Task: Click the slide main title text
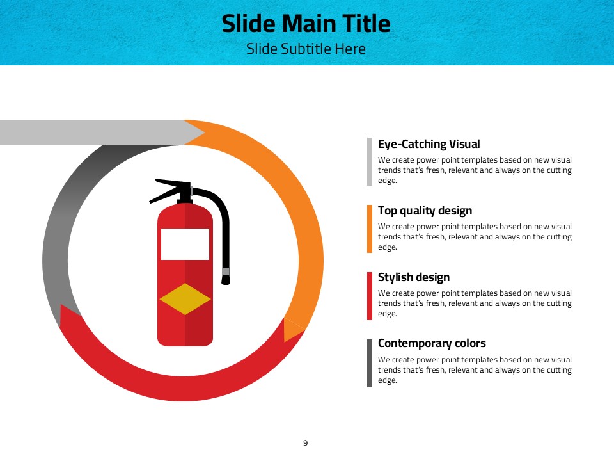306,24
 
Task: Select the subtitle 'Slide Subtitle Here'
306,49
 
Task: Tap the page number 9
306,443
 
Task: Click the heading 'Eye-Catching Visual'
429,144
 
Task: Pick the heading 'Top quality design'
425,211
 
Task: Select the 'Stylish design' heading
414,277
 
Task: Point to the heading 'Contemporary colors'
432,343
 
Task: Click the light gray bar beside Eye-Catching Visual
370,161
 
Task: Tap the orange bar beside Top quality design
370,229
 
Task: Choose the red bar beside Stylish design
370,296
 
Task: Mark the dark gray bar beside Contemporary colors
370,364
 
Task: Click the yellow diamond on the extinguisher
185,299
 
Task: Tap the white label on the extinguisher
185,244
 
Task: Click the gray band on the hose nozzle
226,271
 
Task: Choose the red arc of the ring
182,389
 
